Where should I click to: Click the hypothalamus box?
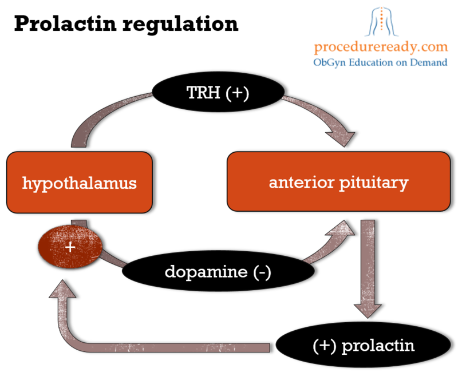coord(79,183)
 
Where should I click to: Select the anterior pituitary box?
coord(338,182)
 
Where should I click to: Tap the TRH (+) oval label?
coord(218,93)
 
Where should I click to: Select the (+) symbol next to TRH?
coord(237,93)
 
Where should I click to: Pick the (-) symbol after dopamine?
coord(261,271)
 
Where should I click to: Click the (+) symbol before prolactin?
coord(324,346)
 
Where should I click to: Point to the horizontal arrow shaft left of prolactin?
coord(172,347)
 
